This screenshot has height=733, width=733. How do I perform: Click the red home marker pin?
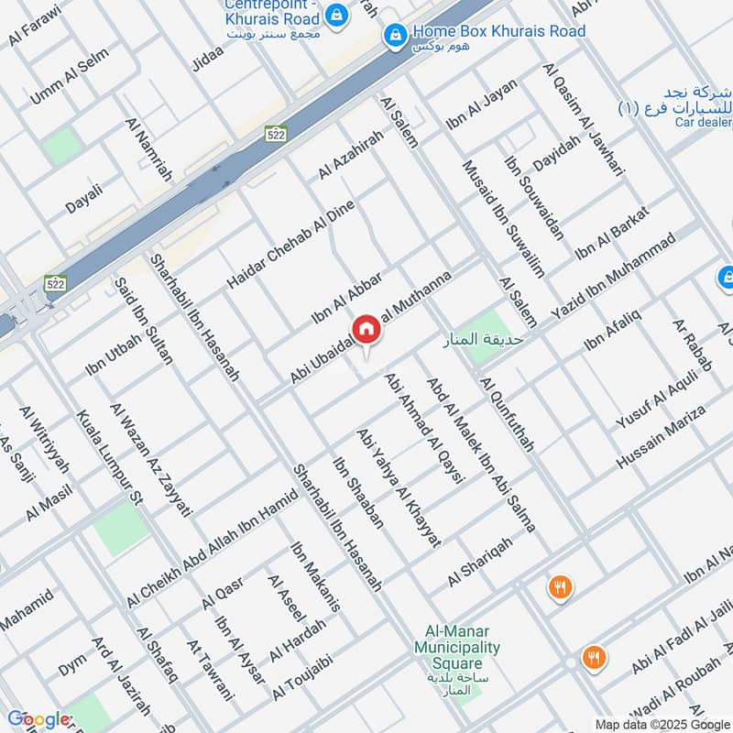366,330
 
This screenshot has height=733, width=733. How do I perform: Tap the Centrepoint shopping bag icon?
337,14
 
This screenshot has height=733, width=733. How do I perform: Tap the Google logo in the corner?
38,719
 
